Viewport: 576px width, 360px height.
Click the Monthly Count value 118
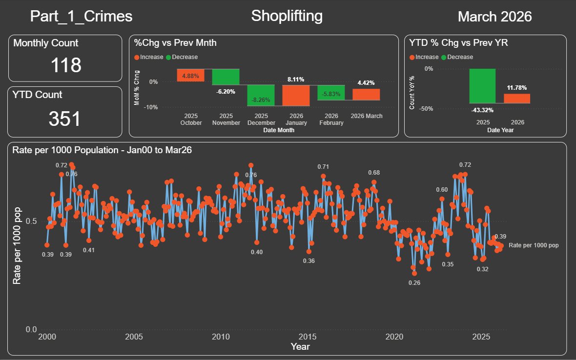(66, 65)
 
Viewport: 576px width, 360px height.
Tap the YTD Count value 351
(64, 119)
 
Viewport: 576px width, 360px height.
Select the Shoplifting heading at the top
(287, 16)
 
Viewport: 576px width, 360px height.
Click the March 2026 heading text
(495, 17)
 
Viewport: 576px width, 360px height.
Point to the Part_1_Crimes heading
(81, 17)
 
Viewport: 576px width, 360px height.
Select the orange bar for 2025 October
(191, 75)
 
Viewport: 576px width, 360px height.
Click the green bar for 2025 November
(226, 77)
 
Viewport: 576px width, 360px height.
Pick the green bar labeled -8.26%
(261, 96)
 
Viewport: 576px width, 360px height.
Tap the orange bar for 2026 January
(296, 96)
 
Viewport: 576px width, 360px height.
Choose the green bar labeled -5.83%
(331, 93)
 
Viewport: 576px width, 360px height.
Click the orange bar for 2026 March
(366, 95)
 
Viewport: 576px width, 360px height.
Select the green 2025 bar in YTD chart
(482, 86)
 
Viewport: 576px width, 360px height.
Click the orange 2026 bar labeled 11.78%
(517, 99)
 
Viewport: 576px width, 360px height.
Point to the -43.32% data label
(482, 110)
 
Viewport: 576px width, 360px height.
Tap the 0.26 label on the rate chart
(414, 282)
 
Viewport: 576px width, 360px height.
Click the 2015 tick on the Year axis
(308, 337)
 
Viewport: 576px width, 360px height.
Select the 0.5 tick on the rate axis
(31, 221)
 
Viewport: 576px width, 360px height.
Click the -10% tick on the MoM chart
(151, 107)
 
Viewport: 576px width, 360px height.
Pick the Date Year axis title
(500, 130)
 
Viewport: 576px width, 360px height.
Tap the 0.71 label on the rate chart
(323, 167)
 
